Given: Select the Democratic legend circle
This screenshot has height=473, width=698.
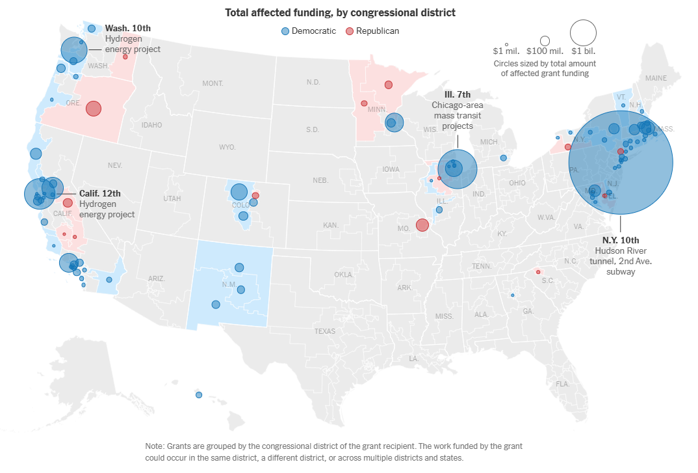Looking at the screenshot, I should coord(285,31).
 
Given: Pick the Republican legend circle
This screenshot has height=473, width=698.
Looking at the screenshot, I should coord(349,31).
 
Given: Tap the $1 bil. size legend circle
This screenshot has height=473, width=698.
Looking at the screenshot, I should coord(583,33).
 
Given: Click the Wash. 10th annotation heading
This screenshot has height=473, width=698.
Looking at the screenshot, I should coord(128,28).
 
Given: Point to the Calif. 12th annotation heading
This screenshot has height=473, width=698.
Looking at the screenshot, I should coord(100,193).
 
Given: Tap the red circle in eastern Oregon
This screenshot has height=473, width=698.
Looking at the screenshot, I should coord(94,108).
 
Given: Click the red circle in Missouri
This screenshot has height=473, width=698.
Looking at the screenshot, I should coord(422,225).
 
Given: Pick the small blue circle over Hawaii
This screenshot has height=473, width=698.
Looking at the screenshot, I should coord(199,395).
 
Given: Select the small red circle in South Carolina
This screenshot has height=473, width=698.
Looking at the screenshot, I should coord(537,272).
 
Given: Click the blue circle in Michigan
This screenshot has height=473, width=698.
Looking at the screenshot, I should coord(503,158).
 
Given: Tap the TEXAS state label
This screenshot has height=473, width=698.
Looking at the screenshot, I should coord(325,331).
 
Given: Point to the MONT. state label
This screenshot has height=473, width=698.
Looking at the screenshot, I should coord(213,84).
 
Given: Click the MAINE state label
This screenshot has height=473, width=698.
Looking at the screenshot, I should coord(656,78).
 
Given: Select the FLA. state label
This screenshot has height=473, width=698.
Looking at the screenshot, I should coord(562,384).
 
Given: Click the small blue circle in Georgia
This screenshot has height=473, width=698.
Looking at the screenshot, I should coord(512,295).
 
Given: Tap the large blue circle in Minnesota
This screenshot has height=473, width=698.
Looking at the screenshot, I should coord(394,122).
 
